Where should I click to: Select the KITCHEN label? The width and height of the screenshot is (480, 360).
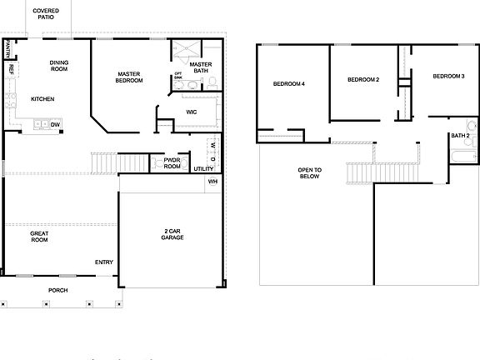42,98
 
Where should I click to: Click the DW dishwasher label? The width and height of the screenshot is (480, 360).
55,125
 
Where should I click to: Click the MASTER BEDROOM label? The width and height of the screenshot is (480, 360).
129,77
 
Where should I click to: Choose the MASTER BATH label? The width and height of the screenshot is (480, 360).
200,67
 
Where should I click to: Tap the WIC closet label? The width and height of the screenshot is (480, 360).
191,111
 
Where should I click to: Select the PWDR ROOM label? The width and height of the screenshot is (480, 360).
172,163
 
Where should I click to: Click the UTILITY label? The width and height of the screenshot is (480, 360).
204,169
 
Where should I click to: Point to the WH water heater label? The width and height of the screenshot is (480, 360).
212,181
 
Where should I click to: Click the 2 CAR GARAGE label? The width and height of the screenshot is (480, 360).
172,234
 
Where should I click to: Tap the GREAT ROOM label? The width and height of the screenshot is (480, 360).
39,237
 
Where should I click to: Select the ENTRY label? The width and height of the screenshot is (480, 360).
103,262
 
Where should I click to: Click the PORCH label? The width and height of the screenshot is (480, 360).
57,290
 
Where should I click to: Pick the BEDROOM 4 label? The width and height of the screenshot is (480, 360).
289,84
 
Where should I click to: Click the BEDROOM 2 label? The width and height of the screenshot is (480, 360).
363,79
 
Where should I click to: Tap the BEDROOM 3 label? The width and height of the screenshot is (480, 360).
448,77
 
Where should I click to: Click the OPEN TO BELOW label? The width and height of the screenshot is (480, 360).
310,173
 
